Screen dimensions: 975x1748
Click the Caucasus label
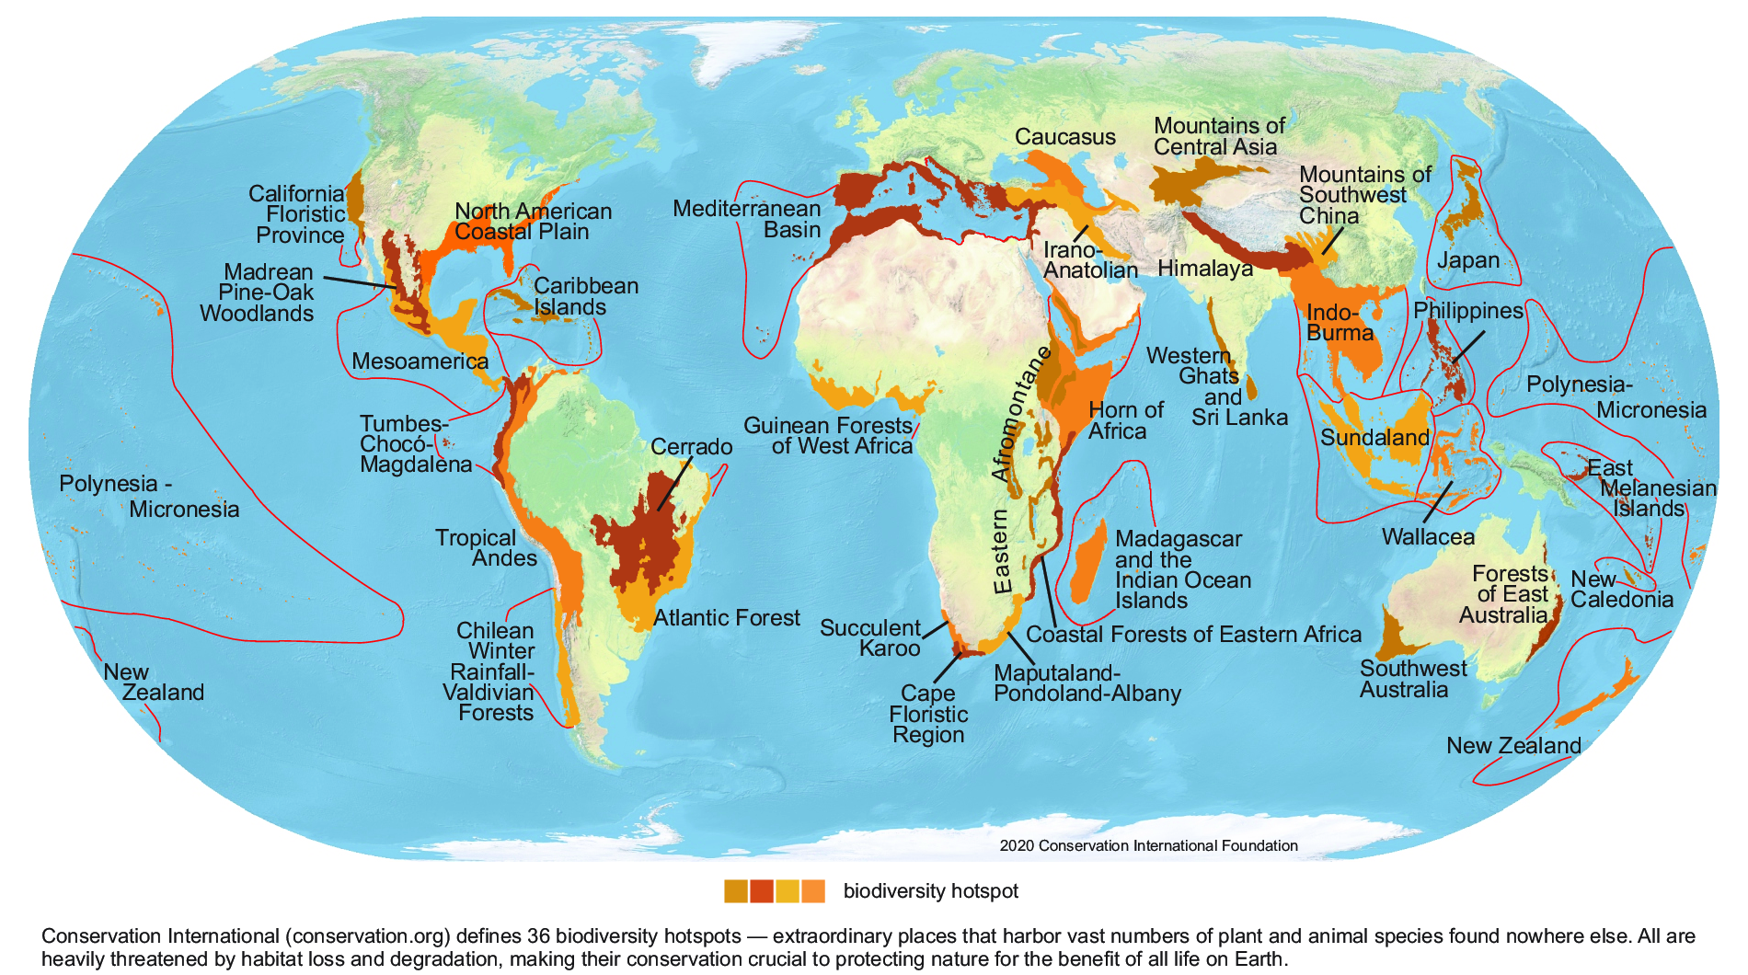pyautogui.click(x=1064, y=137)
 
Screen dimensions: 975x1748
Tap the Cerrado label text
pyautogui.click(x=691, y=447)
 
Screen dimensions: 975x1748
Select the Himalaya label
pyautogui.click(x=1204, y=269)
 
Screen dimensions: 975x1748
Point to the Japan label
pyautogui.click(x=1467, y=260)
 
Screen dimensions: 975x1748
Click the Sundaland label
pyautogui.click(x=1374, y=438)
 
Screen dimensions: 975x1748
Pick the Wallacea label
pyautogui.click(x=1428, y=537)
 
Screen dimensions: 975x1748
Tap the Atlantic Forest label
pyautogui.click(x=727, y=618)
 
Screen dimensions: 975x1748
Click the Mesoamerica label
pyautogui.click(x=420, y=361)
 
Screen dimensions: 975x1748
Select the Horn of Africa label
pyautogui.click(x=1125, y=420)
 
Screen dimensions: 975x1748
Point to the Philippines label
pyautogui.click(x=1467, y=311)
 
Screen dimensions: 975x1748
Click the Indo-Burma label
pyautogui.click(x=1339, y=323)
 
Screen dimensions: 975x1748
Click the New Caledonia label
pyautogui.click(x=1621, y=590)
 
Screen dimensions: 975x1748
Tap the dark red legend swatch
pyautogui.click(x=761, y=891)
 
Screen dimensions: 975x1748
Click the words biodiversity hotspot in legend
pyautogui.click(x=930, y=891)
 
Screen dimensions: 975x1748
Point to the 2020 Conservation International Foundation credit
pyautogui.click(x=1148, y=845)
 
